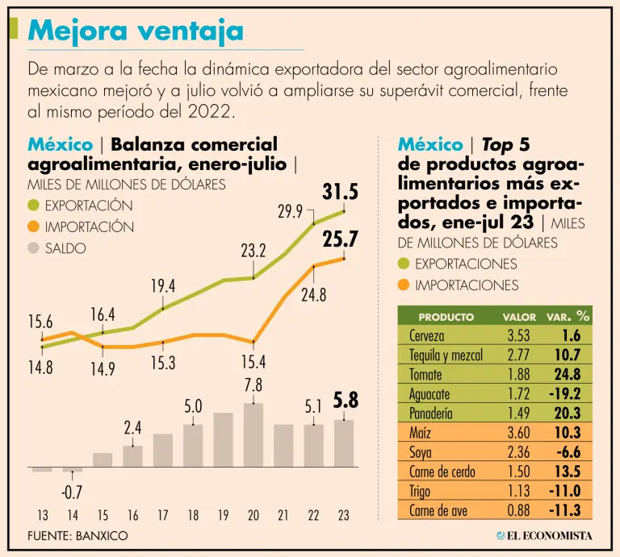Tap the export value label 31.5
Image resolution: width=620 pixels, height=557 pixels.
tap(340, 193)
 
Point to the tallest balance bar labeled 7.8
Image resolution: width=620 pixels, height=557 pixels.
tap(253, 434)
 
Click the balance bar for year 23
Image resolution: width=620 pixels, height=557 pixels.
tap(344, 443)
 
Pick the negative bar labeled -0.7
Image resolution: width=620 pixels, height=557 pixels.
tap(73, 469)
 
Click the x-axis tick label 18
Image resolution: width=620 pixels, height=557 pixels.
tap(193, 516)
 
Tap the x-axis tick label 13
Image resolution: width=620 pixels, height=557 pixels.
tap(42, 516)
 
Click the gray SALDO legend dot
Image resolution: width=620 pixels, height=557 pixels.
tap(33, 248)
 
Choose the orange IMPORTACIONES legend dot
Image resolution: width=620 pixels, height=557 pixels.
tap(404, 285)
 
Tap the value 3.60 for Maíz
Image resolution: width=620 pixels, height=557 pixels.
tap(517, 434)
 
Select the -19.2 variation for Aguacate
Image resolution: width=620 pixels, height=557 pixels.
tap(564, 394)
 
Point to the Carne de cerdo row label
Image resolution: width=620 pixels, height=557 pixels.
tap(442, 472)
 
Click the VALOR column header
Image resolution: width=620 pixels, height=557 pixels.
tap(519, 317)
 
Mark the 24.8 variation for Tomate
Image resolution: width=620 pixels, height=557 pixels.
tap(566, 375)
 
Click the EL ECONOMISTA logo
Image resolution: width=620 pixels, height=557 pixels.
tap(544, 534)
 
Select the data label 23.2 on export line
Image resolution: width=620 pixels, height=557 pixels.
tap(253, 251)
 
